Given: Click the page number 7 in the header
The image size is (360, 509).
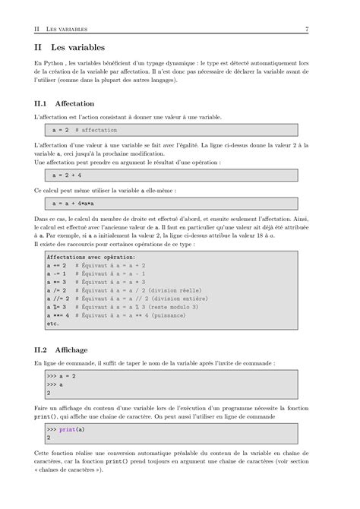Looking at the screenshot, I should [x=306, y=30].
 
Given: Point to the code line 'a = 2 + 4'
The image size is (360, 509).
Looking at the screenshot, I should [x=68, y=175].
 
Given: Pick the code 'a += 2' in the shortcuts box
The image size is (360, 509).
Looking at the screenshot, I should [x=56, y=266].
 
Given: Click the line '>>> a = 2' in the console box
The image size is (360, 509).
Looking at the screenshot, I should [x=61, y=376].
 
